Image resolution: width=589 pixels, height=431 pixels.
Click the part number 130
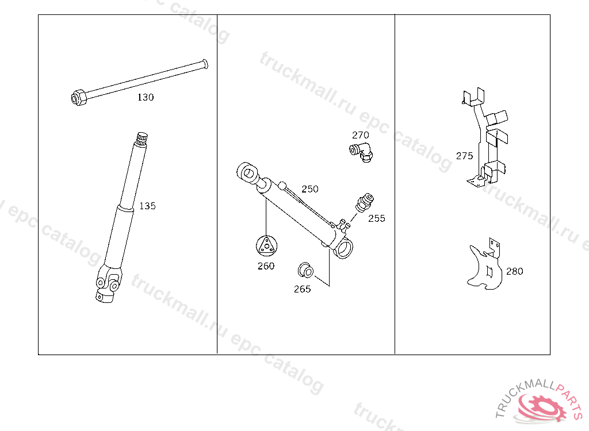click(146, 97)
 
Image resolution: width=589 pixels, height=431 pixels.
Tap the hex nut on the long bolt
click(79, 98)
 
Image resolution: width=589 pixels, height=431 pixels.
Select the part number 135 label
click(147, 206)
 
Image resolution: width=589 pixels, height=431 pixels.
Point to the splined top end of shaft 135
click(141, 139)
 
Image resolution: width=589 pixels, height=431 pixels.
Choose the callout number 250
click(310, 189)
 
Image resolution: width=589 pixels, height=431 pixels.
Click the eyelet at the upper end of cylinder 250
click(247, 173)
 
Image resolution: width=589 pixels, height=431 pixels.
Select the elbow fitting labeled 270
click(361, 152)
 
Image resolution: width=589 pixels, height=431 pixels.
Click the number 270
click(361, 135)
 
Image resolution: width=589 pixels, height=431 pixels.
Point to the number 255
click(377, 218)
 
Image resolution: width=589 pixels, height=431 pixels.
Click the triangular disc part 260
click(266, 247)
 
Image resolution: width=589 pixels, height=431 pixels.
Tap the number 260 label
click(266, 266)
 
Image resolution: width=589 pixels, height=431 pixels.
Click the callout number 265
click(303, 288)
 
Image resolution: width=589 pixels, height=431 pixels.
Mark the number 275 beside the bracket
click(465, 156)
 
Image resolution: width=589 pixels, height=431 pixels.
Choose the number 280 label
click(515, 271)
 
